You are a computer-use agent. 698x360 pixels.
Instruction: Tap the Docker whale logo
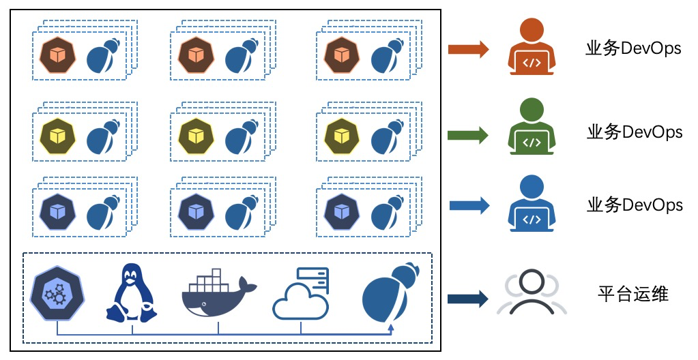218,294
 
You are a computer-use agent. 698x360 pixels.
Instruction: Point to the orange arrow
468,49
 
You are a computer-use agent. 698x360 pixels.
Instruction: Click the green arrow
468,134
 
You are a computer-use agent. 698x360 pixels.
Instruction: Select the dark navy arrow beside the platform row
468,298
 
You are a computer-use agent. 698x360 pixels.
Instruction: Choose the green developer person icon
532,126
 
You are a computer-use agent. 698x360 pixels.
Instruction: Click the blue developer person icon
532,203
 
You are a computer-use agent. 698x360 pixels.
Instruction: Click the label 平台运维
632,295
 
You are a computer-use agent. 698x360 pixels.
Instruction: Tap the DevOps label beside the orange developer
633,49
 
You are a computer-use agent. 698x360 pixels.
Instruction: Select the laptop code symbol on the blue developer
532,220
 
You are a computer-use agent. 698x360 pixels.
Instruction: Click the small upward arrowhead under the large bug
390,328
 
